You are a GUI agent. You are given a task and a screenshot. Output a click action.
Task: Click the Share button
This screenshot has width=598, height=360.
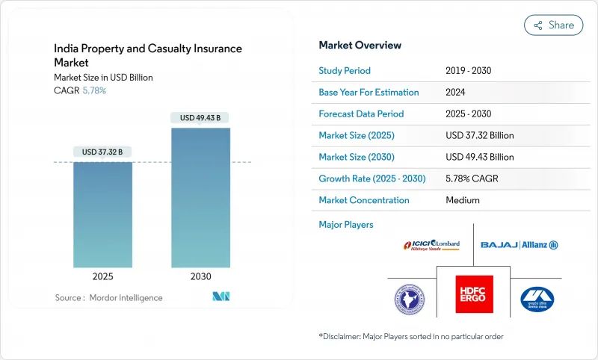[554, 25]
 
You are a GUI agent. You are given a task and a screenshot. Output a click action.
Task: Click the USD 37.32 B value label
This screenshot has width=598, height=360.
[103, 152]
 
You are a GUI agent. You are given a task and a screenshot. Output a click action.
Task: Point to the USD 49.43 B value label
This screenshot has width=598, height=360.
[200, 117]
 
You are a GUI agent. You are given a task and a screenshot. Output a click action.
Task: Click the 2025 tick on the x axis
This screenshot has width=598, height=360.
[103, 276]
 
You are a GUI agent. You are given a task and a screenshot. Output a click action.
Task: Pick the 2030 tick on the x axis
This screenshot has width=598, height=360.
[200, 276]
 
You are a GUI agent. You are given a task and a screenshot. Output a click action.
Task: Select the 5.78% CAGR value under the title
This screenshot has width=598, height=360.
[93, 90]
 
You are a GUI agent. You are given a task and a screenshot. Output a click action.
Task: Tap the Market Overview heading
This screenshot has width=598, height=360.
[360, 45]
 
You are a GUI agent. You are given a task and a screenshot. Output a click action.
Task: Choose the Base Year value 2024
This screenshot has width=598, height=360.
[456, 93]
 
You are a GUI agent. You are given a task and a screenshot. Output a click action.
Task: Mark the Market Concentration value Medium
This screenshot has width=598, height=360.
[462, 200]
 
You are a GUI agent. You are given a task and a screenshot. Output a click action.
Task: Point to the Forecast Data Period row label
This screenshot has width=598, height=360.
[361, 114]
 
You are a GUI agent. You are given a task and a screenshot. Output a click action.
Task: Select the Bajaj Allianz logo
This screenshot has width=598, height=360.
[520, 245]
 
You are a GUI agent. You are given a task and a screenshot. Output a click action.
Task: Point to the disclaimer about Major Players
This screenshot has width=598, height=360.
[411, 336]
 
